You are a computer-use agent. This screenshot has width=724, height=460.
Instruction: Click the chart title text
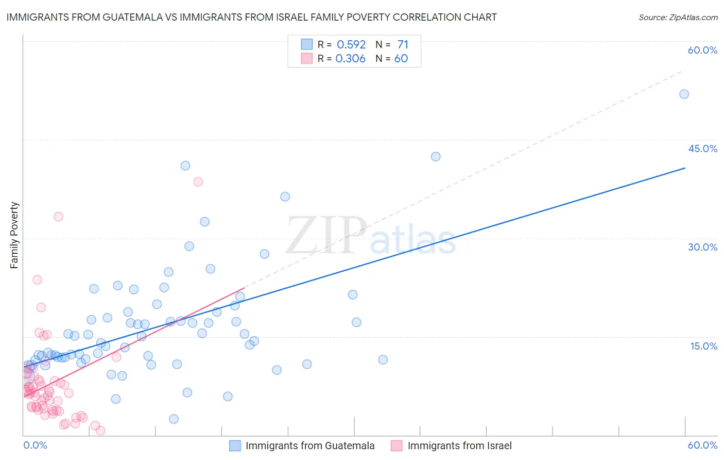click(x=251, y=17)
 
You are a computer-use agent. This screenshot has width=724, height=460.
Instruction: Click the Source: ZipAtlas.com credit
click(x=678, y=17)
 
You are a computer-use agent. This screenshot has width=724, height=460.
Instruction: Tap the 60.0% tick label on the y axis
click(x=702, y=50)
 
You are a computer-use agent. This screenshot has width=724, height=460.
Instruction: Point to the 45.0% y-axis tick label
click(x=702, y=149)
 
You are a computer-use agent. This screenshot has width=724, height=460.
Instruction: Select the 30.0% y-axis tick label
click(x=702, y=247)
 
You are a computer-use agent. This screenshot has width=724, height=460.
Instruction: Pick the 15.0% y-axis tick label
click(x=703, y=346)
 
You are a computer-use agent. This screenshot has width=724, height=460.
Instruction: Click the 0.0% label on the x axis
click(x=35, y=445)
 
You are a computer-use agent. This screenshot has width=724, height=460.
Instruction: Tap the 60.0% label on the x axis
click(x=702, y=445)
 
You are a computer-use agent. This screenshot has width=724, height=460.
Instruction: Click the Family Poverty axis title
click(x=14, y=235)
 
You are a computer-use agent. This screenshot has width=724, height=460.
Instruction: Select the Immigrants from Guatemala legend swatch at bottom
click(x=235, y=446)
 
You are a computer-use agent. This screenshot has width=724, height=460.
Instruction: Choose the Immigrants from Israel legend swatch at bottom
click(x=397, y=446)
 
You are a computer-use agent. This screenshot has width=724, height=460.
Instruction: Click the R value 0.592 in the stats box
click(x=351, y=44)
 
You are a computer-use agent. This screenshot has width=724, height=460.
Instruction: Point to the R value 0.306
click(x=350, y=58)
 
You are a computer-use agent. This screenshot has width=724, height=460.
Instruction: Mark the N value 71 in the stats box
click(x=403, y=44)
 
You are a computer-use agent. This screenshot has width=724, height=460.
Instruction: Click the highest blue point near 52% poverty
click(x=684, y=94)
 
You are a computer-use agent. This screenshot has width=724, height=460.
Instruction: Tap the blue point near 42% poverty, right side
click(x=436, y=157)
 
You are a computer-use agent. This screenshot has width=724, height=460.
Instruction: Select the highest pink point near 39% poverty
click(x=198, y=182)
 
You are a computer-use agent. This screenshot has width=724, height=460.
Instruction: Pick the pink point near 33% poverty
click(x=59, y=217)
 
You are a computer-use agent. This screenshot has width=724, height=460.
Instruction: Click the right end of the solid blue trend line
click(x=685, y=168)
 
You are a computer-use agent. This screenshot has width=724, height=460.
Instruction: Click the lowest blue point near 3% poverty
click(x=174, y=419)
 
